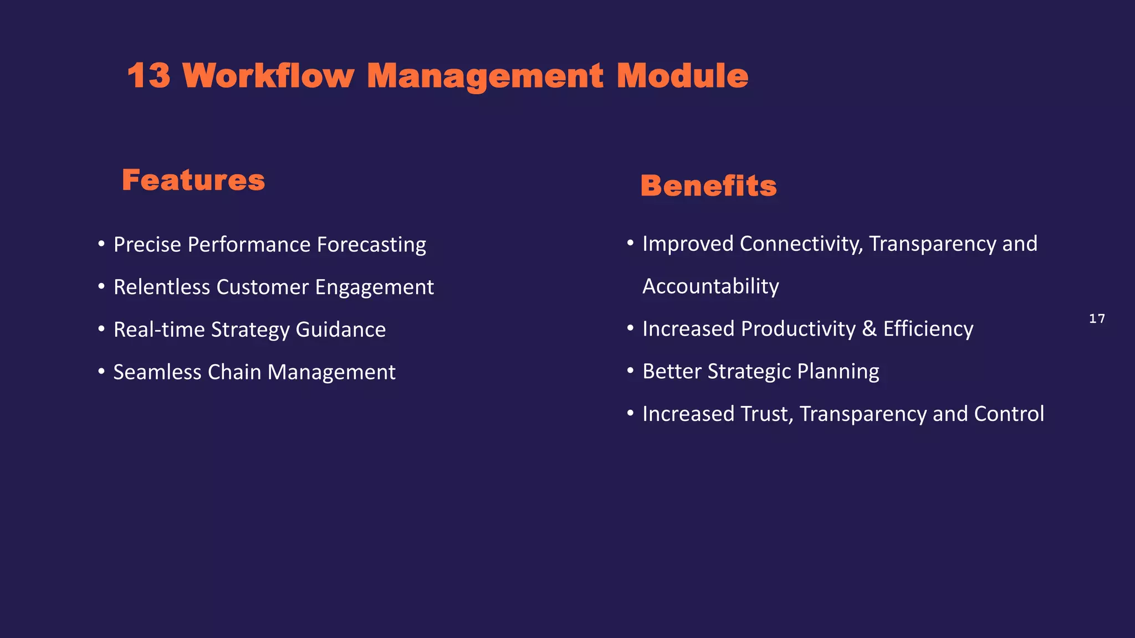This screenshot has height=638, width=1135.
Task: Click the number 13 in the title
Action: [x=148, y=76]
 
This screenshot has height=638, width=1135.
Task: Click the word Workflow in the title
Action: [x=268, y=76]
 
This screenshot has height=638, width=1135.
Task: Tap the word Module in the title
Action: [x=682, y=76]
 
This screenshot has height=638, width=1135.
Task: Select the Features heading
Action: [x=193, y=181]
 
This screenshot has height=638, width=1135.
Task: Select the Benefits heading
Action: [x=708, y=186]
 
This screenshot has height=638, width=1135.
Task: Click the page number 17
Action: [x=1097, y=319]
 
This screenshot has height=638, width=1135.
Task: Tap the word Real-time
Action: [x=159, y=330]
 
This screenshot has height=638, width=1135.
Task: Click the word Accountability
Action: [x=710, y=286]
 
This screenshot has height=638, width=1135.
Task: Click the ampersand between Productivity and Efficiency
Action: [x=869, y=329]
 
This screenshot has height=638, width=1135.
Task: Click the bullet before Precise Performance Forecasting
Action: [x=101, y=244]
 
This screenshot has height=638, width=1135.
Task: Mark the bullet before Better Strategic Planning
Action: [x=630, y=371]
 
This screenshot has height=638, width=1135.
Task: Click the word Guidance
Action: [x=340, y=330]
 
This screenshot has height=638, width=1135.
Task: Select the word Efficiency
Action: [x=928, y=329]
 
